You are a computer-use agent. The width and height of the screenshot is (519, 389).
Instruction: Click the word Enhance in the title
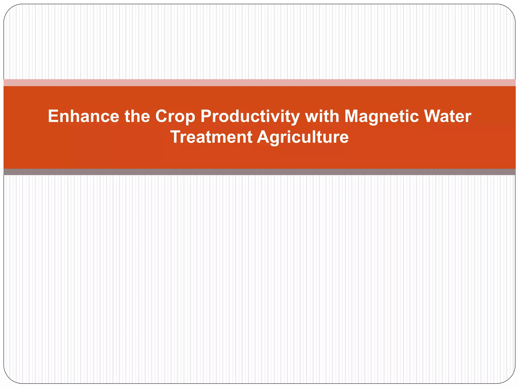pos(83,116)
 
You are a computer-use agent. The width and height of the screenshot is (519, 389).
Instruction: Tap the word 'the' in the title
pos(137,116)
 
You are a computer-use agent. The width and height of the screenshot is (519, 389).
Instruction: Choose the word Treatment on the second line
pos(211,137)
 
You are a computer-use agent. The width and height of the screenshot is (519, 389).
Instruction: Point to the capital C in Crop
pos(161,116)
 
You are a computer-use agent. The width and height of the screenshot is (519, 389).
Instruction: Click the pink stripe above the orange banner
pos(259,83)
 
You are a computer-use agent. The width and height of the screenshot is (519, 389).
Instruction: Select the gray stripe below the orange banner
pos(259,172)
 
